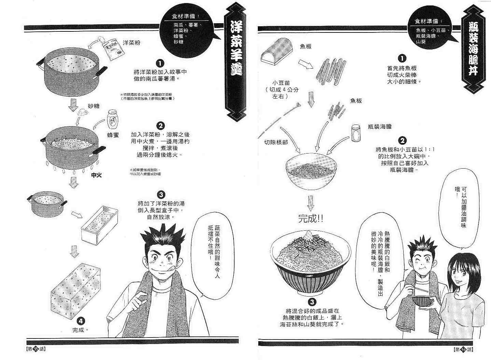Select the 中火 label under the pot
[96, 175]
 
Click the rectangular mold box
[99, 225]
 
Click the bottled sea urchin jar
[356, 132]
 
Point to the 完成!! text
[310, 218]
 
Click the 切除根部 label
[276, 142]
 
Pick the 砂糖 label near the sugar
[94, 106]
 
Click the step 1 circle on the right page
[403, 58]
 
